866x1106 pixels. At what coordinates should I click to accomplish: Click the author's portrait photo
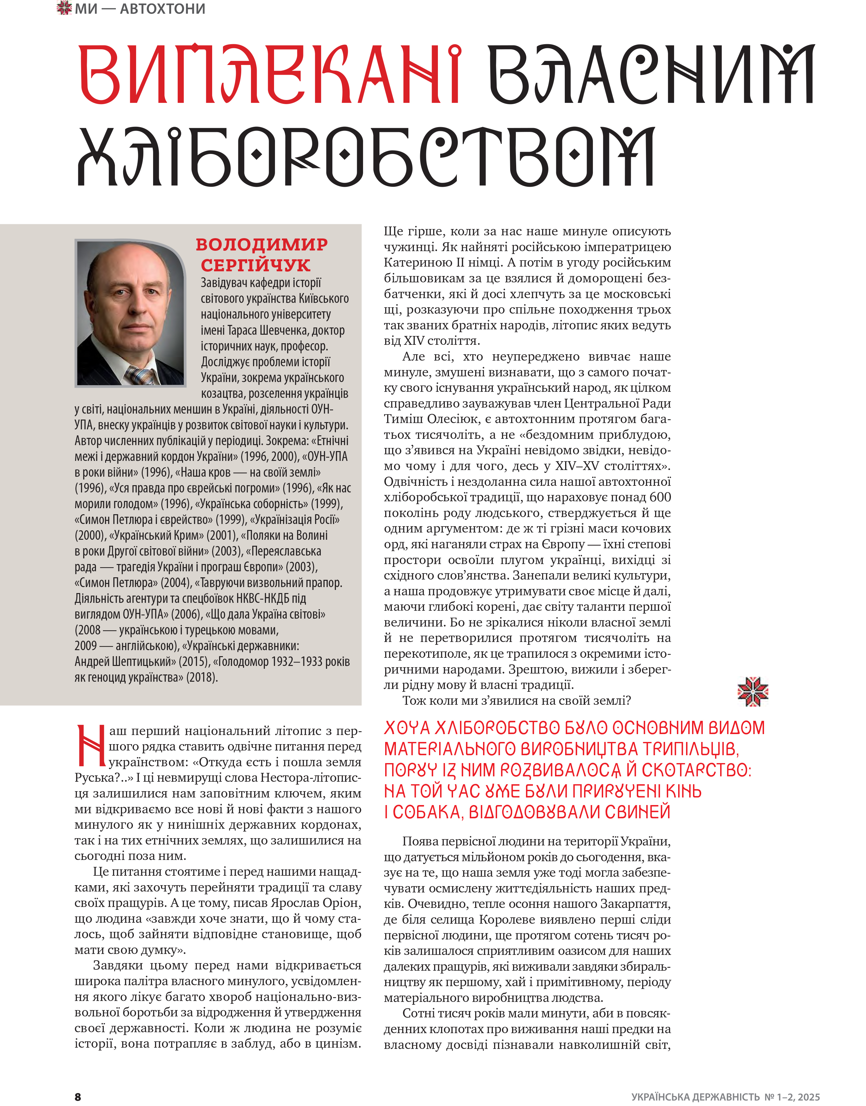[130, 313]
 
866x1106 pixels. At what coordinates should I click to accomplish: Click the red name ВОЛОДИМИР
[262, 245]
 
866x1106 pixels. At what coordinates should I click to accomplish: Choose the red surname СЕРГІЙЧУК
[255, 265]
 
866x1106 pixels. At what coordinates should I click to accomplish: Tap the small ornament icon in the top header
[64, 8]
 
